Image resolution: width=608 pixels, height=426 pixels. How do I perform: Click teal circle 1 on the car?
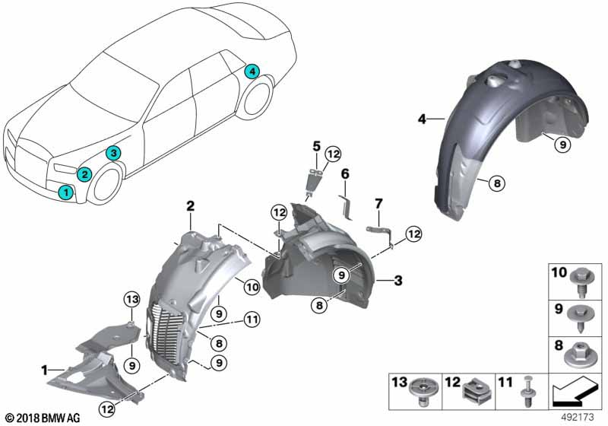(x=68, y=193)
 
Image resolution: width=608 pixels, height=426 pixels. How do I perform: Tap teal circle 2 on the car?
(x=85, y=174)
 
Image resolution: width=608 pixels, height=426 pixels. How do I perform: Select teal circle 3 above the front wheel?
(x=112, y=154)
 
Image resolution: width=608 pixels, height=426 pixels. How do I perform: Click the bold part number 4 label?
(x=421, y=119)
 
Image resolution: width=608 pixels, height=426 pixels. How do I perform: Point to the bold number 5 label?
(x=316, y=144)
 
